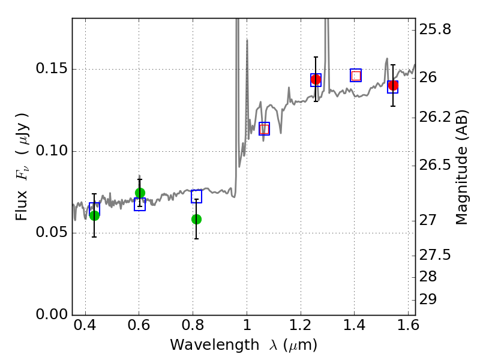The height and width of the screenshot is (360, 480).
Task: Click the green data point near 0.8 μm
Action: tap(197, 219)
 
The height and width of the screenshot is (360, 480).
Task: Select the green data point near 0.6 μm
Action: tap(140, 193)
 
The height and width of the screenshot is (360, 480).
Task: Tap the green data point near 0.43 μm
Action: tap(95, 215)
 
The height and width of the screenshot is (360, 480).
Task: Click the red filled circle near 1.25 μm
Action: tap(316, 80)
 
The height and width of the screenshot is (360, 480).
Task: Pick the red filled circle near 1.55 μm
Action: tap(393, 86)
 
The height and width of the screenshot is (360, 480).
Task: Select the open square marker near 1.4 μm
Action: tap(356, 76)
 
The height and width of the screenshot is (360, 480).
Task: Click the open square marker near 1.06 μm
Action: tap(264, 129)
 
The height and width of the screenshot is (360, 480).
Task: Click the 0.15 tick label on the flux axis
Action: tap(52, 68)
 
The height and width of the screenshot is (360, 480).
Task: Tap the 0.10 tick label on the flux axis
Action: tap(52, 151)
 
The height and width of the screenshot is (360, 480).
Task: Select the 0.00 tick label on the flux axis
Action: tap(52, 314)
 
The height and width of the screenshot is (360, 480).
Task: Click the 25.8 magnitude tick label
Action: tap(434, 29)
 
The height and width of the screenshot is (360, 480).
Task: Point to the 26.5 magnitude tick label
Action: tap(434, 166)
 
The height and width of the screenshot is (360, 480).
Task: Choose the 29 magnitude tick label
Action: tap(428, 299)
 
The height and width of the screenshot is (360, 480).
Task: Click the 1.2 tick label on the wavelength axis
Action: tap(301, 325)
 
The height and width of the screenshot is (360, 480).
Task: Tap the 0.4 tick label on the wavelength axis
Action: tap(85, 325)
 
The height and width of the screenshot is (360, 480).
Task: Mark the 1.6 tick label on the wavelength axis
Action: tap(408, 325)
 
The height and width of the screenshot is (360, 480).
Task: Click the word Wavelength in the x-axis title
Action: tap(215, 345)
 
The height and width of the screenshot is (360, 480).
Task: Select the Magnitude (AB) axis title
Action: tap(461, 167)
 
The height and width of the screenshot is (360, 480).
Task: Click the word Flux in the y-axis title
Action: tap(22, 205)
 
